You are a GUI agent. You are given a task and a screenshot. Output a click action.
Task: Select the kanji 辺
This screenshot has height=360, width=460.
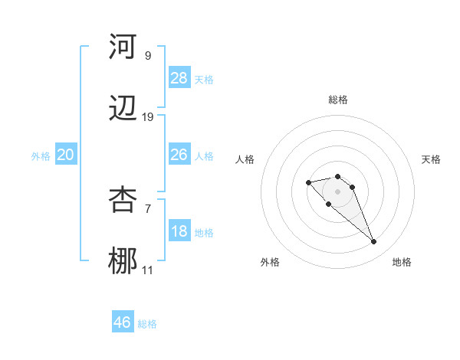(x=123, y=109)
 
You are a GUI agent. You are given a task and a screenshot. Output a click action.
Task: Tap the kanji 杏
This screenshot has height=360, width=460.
(x=123, y=199)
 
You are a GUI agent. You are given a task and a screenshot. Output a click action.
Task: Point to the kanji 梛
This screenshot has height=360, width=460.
(x=123, y=261)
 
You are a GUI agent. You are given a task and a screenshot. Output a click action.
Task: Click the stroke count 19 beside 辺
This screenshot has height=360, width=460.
(x=148, y=117)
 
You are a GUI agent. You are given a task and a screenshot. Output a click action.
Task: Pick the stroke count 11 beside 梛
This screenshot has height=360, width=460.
(x=148, y=270)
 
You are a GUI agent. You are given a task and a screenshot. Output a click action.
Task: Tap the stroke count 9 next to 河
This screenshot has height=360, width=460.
(x=148, y=55)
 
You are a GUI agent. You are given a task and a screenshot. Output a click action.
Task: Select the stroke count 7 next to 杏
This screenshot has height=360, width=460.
(x=148, y=208)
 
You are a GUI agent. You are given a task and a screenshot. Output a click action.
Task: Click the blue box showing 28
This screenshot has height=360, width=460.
(x=179, y=77)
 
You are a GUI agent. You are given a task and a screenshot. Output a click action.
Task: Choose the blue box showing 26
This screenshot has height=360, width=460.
(x=179, y=155)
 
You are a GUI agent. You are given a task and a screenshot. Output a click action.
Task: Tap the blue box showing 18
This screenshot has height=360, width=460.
(x=179, y=231)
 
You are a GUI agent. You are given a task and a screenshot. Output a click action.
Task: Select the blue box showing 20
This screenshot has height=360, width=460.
(x=66, y=155)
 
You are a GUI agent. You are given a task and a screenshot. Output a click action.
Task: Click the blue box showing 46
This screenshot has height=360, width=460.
(x=123, y=322)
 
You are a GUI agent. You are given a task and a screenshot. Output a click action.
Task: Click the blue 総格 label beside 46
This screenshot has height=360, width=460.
(x=147, y=324)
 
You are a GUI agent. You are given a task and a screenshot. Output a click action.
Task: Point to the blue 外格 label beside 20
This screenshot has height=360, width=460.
(x=41, y=156)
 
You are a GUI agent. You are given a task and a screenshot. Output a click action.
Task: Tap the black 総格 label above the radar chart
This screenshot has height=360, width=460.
(x=338, y=100)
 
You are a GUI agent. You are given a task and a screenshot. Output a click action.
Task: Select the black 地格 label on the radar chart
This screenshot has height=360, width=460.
(x=402, y=262)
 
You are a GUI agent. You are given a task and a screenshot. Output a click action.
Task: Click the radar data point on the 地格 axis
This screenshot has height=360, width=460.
(x=374, y=242)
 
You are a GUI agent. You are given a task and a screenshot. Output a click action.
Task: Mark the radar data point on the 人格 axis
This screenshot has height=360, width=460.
(x=308, y=182)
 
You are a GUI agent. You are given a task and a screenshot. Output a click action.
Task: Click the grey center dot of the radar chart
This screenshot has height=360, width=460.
(x=338, y=191)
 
